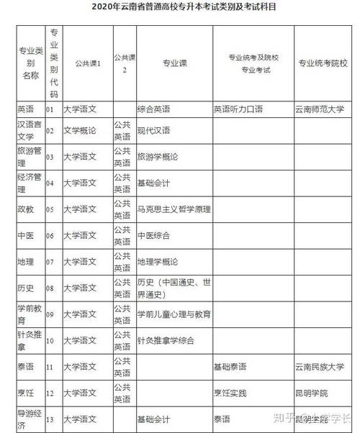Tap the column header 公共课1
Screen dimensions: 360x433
pyautogui.click(x=88, y=63)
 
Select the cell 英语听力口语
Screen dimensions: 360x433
pyautogui.click(x=238, y=110)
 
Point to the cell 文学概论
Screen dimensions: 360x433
pyautogui.click(x=80, y=132)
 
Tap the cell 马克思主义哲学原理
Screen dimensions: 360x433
pyautogui.click(x=174, y=209)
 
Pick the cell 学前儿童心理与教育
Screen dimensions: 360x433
pyautogui.click(x=174, y=314)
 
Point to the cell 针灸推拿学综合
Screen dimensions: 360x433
pyautogui.click(x=165, y=339)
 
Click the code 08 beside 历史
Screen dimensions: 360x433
pyautogui.click(x=50, y=288)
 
